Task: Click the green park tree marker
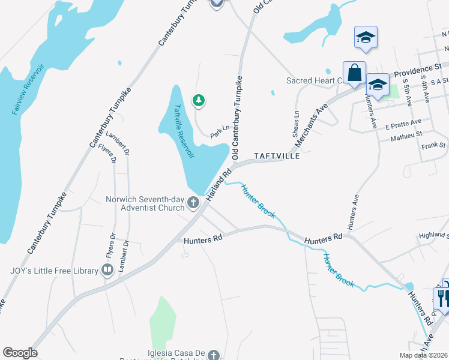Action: (198, 100)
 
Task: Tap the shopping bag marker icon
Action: (354, 73)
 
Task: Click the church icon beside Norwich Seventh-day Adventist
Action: (193, 203)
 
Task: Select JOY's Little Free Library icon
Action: (107, 271)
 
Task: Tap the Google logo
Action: (20, 353)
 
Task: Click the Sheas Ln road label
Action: (296, 122)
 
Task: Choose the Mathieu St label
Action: (407, 137)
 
